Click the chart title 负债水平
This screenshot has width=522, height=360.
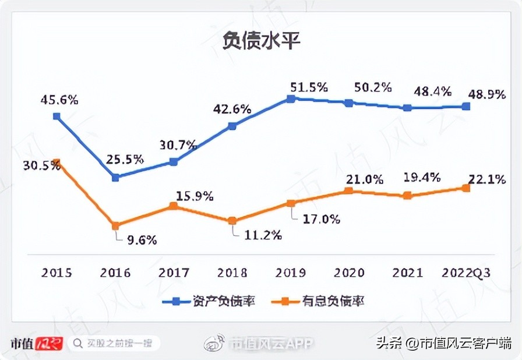coord(260,42)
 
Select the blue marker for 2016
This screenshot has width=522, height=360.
coord(115,177)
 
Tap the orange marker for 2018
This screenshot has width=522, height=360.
coord(232,221)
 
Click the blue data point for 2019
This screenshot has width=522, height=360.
coord(290,99)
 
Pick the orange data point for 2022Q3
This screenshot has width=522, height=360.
coord(466,188)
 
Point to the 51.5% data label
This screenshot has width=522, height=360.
coord(309,87)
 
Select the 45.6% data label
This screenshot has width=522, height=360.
coord(59,100)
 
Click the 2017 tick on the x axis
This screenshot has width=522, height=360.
coord(174,273)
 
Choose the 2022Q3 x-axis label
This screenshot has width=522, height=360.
coord(466,273)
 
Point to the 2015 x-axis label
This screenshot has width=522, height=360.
coord(57,273)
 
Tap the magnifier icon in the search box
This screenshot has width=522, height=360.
coord(77,343)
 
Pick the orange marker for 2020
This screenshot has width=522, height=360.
coord(349,191)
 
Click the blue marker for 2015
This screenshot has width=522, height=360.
coord(57,116)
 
